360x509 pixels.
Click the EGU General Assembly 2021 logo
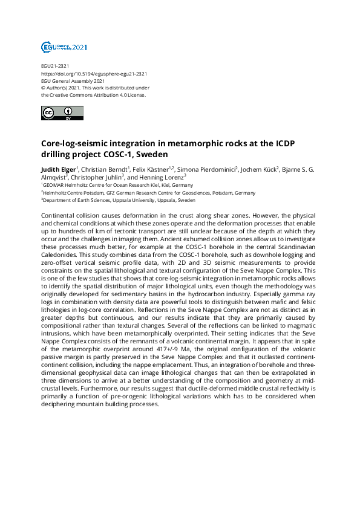pyautogui.click(x=64, y=47)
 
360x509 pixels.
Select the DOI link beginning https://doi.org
pyautogui.click(x=94, y=74)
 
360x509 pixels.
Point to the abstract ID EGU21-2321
pyautogui.click(x=55, y=66)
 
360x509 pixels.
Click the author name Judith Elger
pyautogui.click(x=58, y=169)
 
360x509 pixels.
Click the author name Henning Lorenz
pyautogui.click(x=166, y=177)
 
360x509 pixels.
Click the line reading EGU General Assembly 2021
pyautogui.click(x=73, y=81)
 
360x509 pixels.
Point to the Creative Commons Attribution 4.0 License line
pyautogui.click(x=94, y=95)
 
